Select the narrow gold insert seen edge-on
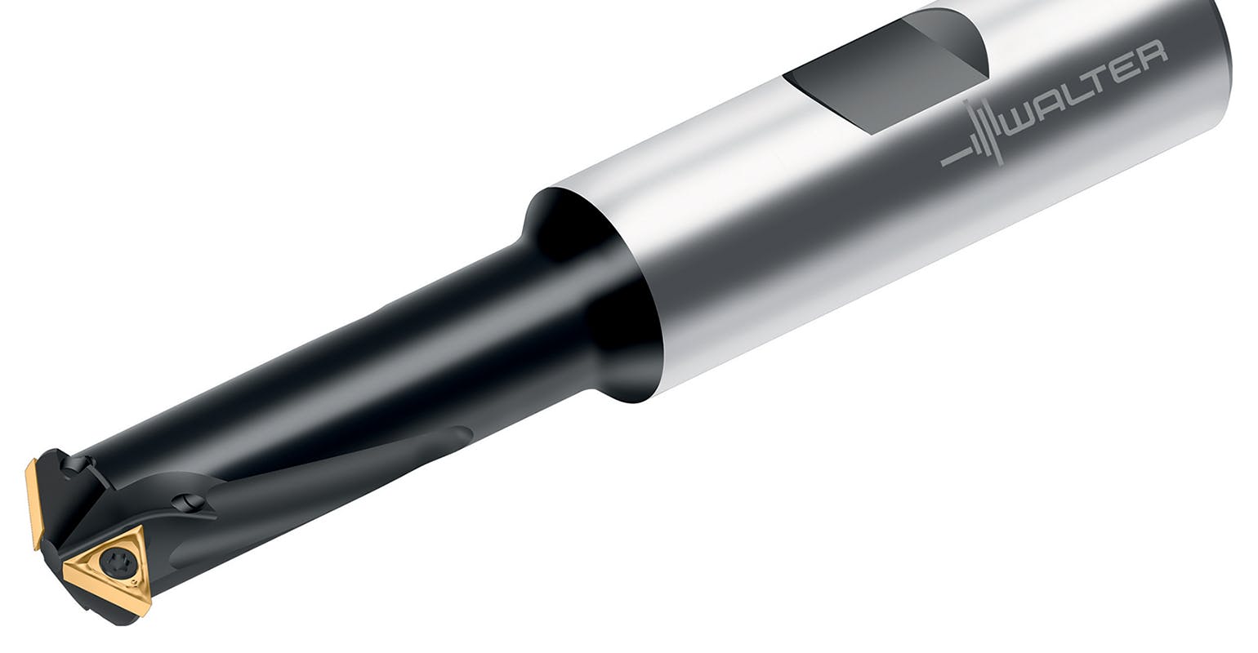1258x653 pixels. tap(33, 503)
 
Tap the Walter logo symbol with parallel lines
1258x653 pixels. tap(976, 135)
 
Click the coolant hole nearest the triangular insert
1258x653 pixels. tap(189, 502)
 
